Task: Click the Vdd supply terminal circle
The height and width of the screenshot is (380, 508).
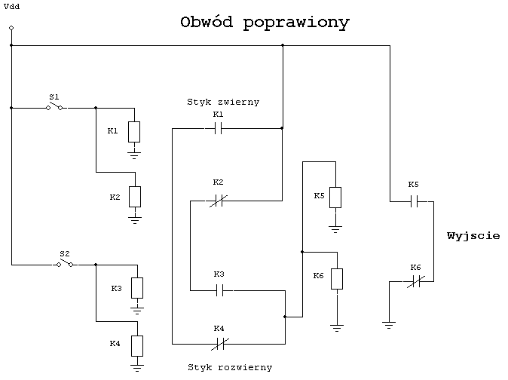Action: [x=11, y=28]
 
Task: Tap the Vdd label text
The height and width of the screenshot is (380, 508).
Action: [x=11, y=7]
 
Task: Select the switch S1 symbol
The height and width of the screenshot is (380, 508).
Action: [x=54, y=106]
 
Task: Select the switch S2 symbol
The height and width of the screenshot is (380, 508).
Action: [x=65, y=263]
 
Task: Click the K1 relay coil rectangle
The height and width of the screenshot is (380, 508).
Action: [x=134, y=132]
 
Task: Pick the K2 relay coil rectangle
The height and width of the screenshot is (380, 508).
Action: [x=135, y=197]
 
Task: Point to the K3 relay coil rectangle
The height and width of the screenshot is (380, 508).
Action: [x=137, y=288]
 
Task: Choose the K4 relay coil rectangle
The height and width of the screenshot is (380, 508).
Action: [x=137, y=346]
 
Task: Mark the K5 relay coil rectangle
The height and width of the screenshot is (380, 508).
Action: [x=335, y=198]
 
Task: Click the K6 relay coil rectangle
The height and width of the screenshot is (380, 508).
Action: [x=337, y=279]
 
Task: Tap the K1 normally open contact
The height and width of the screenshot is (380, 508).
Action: [x=219, y=128]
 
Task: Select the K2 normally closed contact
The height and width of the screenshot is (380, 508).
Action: [x=219, y=201]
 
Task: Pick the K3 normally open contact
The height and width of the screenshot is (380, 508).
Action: [x=219, y=290]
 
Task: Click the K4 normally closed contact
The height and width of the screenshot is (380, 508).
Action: [x=220, y=344]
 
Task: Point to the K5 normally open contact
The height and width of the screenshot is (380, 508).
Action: [x=414, y=201]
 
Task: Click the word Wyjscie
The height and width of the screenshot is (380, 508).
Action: [x=473, y=236]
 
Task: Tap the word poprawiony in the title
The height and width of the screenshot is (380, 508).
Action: [x=296, y=23]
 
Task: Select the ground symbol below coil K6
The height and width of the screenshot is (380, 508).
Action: [x=337, y=328]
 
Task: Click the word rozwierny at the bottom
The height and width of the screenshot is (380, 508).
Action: [x=245, y=367]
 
